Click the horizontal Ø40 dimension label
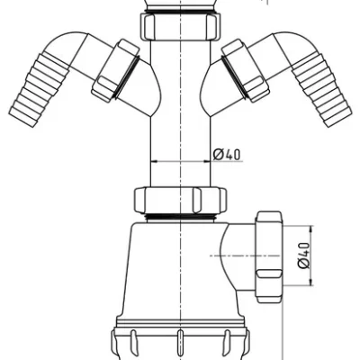227,155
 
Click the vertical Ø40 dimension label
303,256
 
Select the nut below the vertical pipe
180,200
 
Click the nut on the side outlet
269,256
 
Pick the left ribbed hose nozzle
39,90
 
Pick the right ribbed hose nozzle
322,89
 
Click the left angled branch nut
115,71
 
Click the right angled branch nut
246,71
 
